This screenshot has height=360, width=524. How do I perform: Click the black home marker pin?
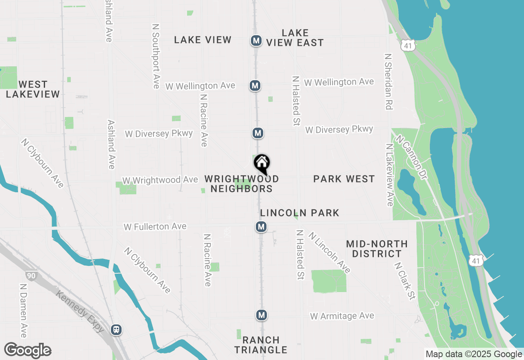(x=262, y=164)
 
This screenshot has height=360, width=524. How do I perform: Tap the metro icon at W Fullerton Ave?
(x=261, y=227)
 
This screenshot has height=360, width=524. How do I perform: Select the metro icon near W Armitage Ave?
(x=262, y=315)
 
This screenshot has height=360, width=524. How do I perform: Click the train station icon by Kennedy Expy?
(x=117, y=330)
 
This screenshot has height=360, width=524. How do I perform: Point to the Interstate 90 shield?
(x=31, y=276)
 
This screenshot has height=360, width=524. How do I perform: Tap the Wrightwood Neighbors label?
(x=242, y=184)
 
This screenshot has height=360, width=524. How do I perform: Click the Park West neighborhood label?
(x=344, y=179)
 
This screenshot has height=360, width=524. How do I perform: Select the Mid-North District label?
(x=377, y=249)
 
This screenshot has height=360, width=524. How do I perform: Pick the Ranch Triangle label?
(x=261, y=345)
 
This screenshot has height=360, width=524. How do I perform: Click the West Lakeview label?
(x=33, y=89)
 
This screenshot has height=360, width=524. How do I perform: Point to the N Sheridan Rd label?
(x=388, y=81)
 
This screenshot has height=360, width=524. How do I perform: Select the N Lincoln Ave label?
(x=330, y=252)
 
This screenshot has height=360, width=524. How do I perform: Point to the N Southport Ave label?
(x=156, y=56)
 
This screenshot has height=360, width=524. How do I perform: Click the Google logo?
(x=27, y=351)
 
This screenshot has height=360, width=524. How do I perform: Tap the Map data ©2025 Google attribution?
(x=473, y=354)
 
